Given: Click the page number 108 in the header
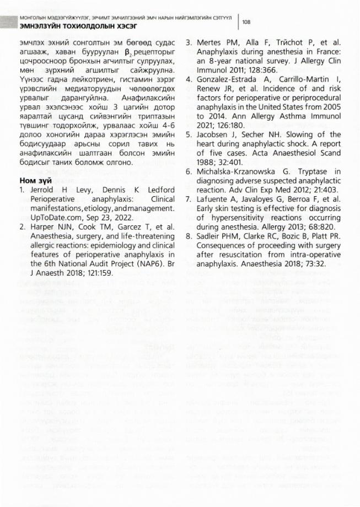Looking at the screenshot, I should point(246,22).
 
